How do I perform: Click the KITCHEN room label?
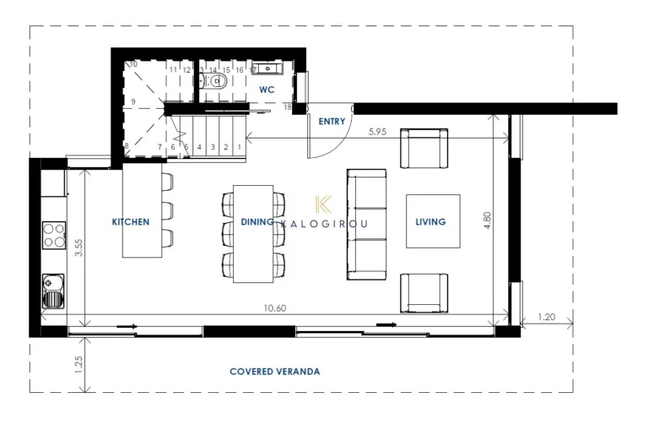(x=131, y=222)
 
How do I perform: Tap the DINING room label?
(x=256, y=222)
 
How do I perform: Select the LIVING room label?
(x=430, y=222)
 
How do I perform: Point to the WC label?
(x=267, y=89)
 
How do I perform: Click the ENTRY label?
(x=332, y=122)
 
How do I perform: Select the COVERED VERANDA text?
(x=275, y=371)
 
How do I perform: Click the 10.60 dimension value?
(x=275, y=308)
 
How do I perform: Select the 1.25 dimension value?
(x=78, y=365)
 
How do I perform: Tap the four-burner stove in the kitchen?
(x=54, y=233)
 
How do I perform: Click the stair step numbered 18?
(x=288, y=108)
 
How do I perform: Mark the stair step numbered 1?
(x=240, y=147)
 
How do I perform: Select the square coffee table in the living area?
(x=432, y=221)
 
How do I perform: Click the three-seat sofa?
(x=366, y=222)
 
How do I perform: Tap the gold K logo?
(x=322, y=204)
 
